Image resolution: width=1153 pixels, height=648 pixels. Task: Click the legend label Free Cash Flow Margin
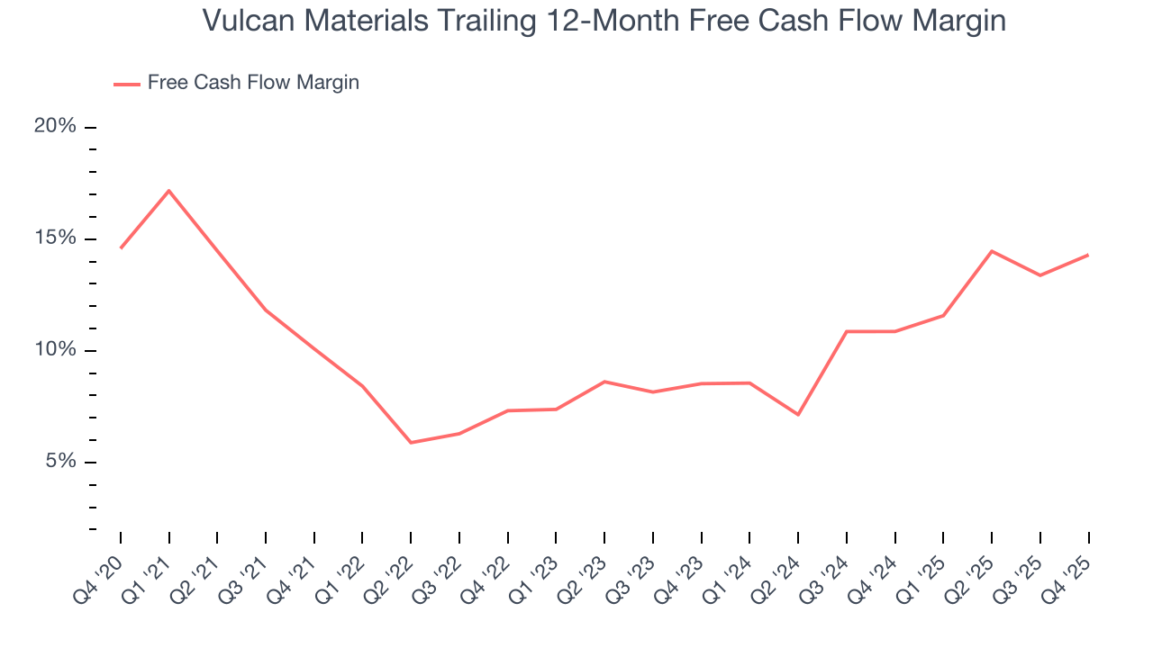(x=253, y=83)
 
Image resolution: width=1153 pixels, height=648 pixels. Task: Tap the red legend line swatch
(x=126, y=84)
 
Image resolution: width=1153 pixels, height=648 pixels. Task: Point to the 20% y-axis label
(x=55, y=126)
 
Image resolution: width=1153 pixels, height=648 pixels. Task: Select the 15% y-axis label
(x=55, y=238)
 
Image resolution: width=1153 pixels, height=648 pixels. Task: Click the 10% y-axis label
(x=55, y=350)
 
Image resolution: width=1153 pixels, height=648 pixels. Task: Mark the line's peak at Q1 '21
(x=168, y=191)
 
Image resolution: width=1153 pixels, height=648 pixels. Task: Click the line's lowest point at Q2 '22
(x=411, y=443)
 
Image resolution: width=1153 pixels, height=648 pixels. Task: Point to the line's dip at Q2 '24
(x=798, y=414)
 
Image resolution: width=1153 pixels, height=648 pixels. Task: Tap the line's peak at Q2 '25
(x=992, y=251)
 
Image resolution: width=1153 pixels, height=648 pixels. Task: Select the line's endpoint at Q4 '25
(x=1088, y=255)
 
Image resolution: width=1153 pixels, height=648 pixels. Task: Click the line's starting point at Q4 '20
(x=121, y=247)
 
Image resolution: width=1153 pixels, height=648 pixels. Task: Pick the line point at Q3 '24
(x=847, y=331)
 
